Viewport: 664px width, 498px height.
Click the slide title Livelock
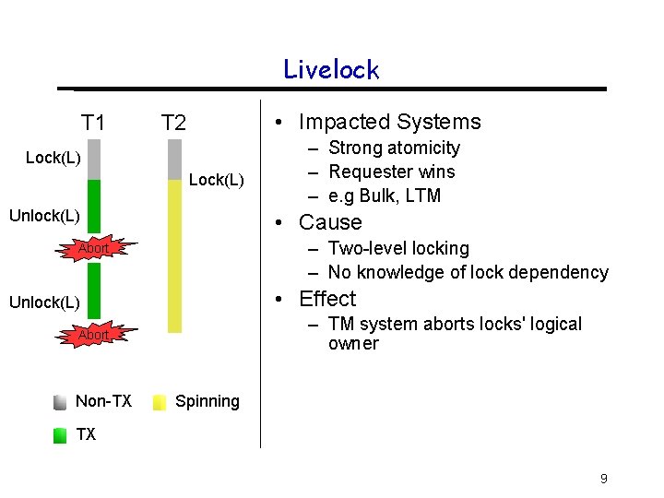[331, 70]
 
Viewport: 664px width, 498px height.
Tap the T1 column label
[93, 123]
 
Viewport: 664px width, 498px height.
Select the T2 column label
[173, 123]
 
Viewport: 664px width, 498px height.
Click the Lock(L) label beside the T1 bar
[53, 158]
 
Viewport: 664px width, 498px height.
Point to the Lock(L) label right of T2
[217, 180]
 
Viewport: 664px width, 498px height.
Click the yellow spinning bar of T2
[174, 255]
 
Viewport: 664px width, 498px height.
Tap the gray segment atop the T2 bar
[174, 160]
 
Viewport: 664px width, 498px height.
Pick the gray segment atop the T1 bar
[94, 160]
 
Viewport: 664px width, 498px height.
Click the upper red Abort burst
[93, 248]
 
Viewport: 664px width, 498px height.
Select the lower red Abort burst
[93, 335]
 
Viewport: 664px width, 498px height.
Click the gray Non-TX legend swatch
[60, 402]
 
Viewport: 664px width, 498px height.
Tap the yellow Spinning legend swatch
[160, 402]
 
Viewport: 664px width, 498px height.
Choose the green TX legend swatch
[60, 435]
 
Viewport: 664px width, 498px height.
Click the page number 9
[603, 479]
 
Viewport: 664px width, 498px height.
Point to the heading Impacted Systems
[389, 122]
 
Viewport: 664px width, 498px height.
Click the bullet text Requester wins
[392, 172]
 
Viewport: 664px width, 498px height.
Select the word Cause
[330, 222]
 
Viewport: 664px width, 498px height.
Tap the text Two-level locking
[398, 248]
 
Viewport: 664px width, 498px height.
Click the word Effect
[327, 299]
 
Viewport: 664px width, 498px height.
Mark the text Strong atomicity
[394, 148]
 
